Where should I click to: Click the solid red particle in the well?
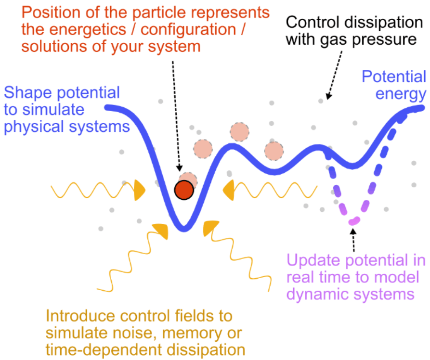pyautogui.click(x=184, y=190)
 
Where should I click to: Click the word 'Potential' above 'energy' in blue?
pyautogui.click(x=394, y=77)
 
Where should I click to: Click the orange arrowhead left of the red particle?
pyautogui.click(x=140, y=191)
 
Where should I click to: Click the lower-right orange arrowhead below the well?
pyautogui.click(x=210, y=228)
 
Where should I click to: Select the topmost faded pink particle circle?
pyautogui.click(x=239, y=132)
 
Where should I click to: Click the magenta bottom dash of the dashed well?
pyautogui.click(x=355, y=221)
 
